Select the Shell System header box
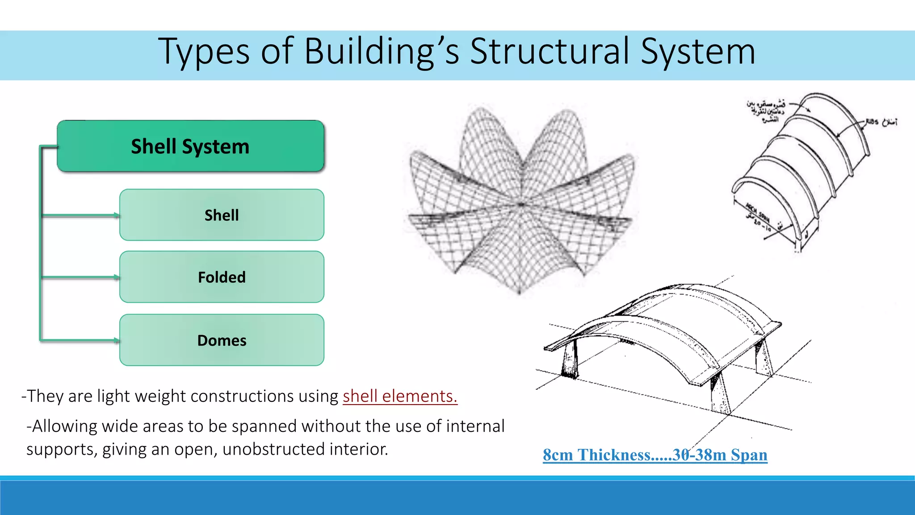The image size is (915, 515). [190, 146]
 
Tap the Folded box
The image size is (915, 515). [222, 277]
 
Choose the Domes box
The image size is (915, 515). [222, 340]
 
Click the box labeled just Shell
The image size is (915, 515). [222, 215]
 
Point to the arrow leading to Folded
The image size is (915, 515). [80, 277]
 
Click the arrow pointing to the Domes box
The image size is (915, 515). [80, 341]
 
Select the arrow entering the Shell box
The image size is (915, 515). [80, 215]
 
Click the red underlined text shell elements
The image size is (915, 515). [400, 396]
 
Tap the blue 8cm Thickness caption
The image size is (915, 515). [655, 455]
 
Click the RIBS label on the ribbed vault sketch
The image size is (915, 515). [873, 122]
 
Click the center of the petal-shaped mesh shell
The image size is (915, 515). [520, 204]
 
